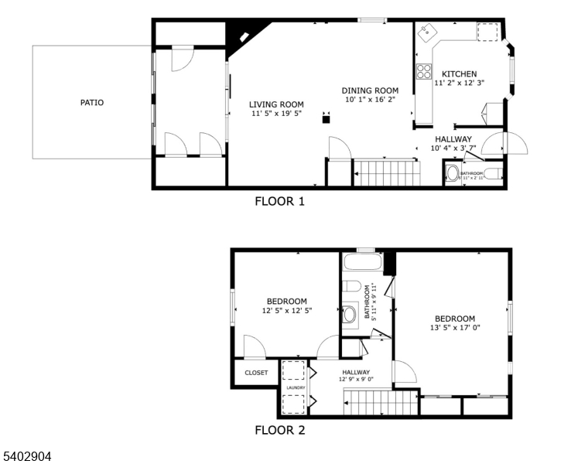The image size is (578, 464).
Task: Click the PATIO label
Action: coord(91,102)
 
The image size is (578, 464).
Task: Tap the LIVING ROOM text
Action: coord(276,104)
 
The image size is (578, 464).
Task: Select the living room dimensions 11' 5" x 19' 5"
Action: coord(276,114)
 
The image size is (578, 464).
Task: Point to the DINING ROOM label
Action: coord(370,90)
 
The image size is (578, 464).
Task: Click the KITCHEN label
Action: coord(459,74)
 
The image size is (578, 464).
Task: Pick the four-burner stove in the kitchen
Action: coord(424,72)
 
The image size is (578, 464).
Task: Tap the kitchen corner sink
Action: coord(426,33)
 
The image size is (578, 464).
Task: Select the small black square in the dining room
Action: coord(327,119)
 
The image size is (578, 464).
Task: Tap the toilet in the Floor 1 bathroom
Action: coord(453,173)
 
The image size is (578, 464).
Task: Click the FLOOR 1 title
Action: coord(279,202)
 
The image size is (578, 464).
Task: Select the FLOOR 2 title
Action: coord(280,430)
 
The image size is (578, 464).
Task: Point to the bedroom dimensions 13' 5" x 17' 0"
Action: coord(454,328)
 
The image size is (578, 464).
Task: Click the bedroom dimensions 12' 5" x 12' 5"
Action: coord(286,311)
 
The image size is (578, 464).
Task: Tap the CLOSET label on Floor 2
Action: coord(256,373)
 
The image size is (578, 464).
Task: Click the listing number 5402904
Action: coord(27,456)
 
